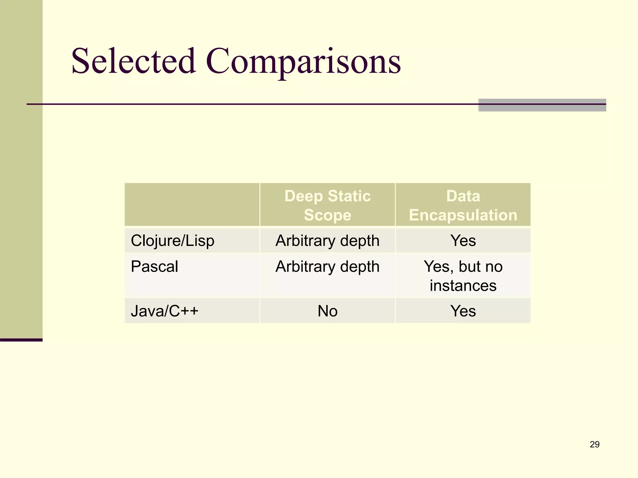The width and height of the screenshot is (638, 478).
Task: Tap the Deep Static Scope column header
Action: (327, 205)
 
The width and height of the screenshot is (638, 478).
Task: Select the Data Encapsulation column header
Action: (463, 205)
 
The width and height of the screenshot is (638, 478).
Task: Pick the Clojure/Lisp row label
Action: (173, 241)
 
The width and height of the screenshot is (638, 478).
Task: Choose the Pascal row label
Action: (155, 267)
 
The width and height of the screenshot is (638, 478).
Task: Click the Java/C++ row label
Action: (164, 311)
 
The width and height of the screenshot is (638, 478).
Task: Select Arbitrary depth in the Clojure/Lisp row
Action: (327, 241)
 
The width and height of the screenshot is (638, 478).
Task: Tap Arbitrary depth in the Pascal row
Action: (327, 267)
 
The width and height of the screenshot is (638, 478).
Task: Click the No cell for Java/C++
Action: (327, 311)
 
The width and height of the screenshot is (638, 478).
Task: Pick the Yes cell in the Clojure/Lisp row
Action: (463, 241)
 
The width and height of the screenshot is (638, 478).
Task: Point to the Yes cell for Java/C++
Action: (463, 311)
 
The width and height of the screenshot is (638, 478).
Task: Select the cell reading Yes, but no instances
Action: (463, 276)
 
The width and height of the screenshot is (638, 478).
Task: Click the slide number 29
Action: (594, 444)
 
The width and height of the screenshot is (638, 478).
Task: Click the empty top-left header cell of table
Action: (192, 204)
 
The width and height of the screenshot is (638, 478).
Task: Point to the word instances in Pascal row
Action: (463, 286)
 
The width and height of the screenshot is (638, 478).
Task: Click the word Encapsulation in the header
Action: (463, 215)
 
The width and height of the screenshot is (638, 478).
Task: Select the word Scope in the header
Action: (327, 215)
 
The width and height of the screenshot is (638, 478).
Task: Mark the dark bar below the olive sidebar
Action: (21, 340)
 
